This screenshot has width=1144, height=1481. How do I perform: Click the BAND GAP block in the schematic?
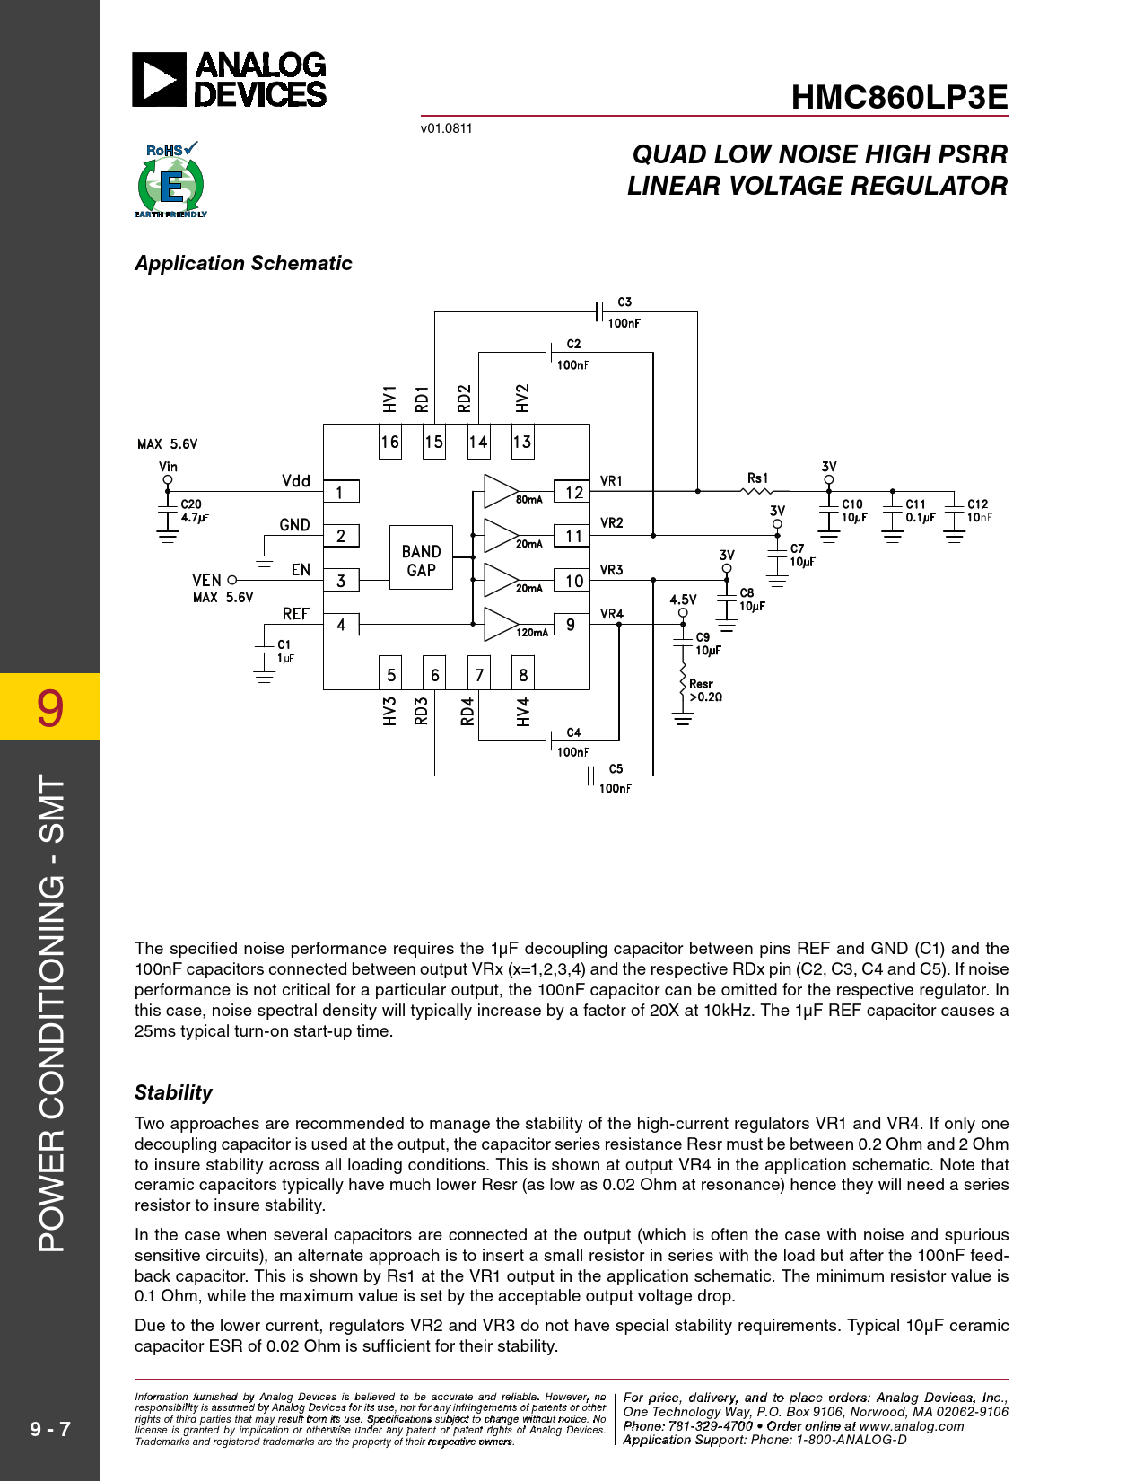click(421, 560)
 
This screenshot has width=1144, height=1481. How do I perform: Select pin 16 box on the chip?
click(389, 442)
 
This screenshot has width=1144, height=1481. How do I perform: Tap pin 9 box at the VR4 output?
click(571, 624)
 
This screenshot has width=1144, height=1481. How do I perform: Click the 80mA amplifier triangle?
click(500, 491)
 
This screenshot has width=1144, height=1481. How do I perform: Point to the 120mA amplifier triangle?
click(500, 624)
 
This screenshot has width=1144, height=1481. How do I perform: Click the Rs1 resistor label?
click(757, 478)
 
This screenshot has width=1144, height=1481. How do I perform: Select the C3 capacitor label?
click(624, 302)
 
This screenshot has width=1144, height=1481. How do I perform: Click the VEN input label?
click(206, 580)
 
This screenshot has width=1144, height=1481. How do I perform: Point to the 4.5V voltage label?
click(683, 600)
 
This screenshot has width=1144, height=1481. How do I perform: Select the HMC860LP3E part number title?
click(899, 97)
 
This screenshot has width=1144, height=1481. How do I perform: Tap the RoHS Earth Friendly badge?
click(170, 180)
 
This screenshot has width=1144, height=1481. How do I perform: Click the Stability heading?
click(173, 1092)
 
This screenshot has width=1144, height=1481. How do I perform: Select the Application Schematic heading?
click(243, 263)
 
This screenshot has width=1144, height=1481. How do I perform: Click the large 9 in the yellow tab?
click(50, 707)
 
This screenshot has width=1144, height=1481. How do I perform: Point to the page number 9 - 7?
click(50, 1428)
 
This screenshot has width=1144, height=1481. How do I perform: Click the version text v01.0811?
click(446, 128)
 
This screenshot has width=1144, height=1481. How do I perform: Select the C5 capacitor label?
click(616, 768)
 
